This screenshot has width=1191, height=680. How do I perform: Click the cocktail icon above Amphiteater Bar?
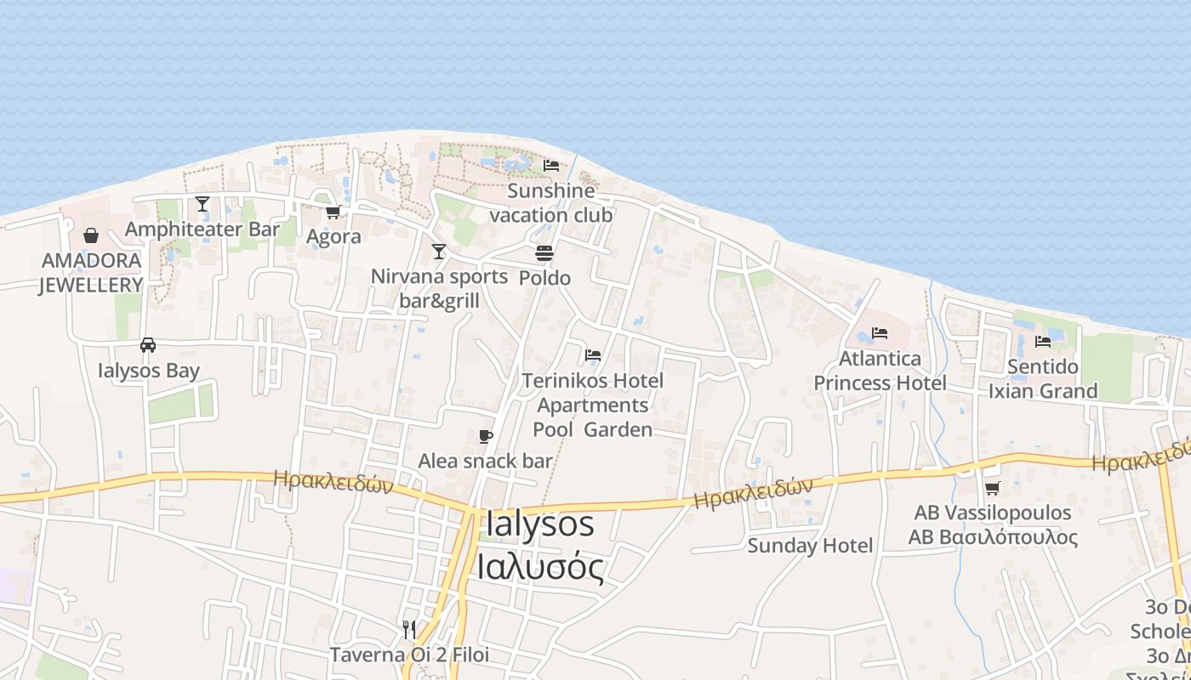click(x=202, y=204)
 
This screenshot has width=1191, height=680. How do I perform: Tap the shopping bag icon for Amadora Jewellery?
click(x=91, y=235)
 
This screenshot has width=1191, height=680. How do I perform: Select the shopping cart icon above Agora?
click(x=333, y=212)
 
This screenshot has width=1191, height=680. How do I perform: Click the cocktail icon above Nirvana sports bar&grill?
click(x=439, y=252)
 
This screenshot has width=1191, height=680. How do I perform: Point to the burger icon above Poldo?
click(x=544, y=253)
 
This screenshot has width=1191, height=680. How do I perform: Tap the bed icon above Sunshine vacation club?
click(x=551, y=165)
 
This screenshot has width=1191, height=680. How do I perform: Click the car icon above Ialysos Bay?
click(x=148, y=345)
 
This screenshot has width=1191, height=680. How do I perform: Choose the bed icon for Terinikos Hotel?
click(x=593, y=354)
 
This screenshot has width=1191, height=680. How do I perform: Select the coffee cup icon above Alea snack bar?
click(x=486, y=437)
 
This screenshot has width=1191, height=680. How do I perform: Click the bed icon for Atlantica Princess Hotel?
click(x=880, y=333)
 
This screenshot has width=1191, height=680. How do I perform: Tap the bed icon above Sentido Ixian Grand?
click(x=1043, y=342)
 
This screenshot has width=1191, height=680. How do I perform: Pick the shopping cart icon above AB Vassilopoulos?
click(x=992, y=488)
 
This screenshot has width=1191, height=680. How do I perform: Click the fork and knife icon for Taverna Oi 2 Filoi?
click(x=409, y=629)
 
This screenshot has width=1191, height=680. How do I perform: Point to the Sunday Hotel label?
click(x=810, y=546)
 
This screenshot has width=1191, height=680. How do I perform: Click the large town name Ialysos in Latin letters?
click(x=539, y=524)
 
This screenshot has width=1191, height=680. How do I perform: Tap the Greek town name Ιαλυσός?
click(x=540, y=567)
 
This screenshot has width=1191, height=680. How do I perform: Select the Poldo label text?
click(x=544, y=278)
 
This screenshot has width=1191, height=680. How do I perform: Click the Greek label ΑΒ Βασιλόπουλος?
click(x=993, y=537)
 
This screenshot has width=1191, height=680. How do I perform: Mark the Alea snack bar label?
click(x=485, y=462)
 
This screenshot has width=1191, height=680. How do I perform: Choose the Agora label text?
click(x=333, y=236)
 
